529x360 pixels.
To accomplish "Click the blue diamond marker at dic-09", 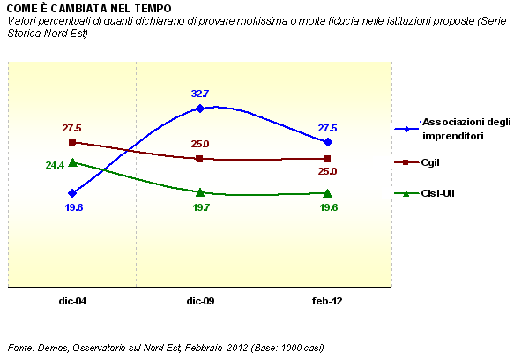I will [200, 109].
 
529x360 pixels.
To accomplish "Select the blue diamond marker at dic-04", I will [72, 192].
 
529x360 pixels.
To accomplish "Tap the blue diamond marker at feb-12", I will [328, 142].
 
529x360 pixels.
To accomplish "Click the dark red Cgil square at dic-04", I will [72, 142].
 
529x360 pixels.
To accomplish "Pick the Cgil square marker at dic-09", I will [200, 159].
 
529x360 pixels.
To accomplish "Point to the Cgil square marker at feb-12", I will [328, 159].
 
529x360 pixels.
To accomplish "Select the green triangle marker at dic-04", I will [72, 162].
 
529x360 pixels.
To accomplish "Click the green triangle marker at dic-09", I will [200, 192].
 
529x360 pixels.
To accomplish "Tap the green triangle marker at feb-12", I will [328, 192].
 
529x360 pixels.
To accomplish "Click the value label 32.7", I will [200, 94].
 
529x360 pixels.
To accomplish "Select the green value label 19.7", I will [200, 208].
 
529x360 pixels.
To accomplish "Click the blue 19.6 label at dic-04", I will [72, 208].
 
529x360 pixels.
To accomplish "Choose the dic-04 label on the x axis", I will [72, 301].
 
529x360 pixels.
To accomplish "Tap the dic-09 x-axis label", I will [200, 301].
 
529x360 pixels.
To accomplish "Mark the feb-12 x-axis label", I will [327, 301].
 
